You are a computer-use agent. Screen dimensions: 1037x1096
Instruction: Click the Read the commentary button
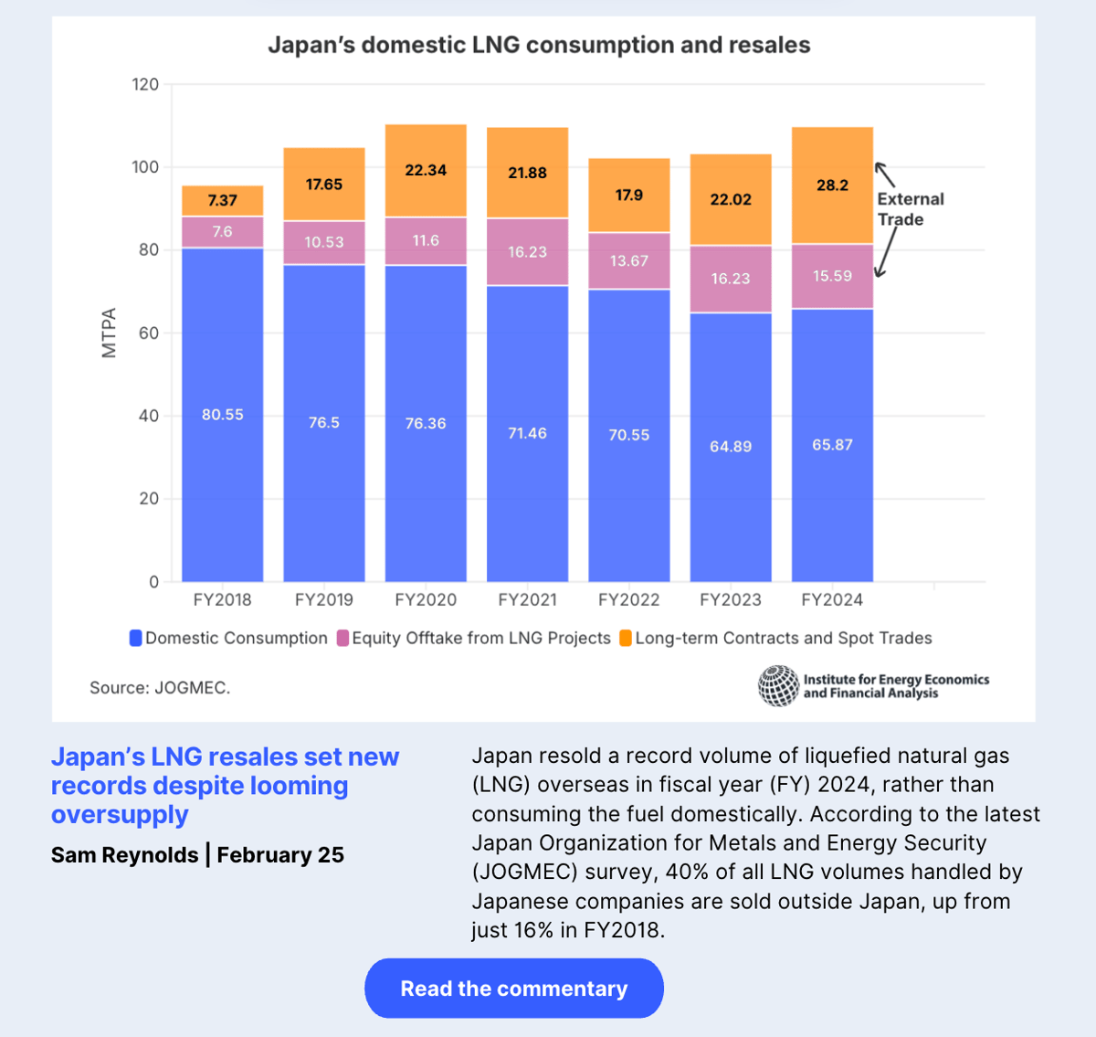[513, 988]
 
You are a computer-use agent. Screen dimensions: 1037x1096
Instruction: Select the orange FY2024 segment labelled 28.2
[832, 185]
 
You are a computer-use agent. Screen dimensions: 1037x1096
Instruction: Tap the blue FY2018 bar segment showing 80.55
[223, 415]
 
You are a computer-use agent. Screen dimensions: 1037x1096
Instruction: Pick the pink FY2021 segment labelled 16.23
[527, 252]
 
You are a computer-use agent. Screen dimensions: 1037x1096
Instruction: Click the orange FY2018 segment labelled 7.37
[223, 201]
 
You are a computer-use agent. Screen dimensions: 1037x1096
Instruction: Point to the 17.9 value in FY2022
[629, 196]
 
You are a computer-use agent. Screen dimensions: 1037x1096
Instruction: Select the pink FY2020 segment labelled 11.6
[426, 241]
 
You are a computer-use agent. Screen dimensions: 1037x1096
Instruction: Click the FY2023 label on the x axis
[730, 600]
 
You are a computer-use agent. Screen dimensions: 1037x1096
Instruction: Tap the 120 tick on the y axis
[145, 85]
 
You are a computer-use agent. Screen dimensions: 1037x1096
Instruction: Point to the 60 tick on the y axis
[149, 333]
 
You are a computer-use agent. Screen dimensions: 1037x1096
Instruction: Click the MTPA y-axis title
[110, 333]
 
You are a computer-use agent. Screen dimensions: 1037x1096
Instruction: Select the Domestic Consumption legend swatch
[136, 639]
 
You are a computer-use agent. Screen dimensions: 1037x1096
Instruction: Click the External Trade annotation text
[910, 209]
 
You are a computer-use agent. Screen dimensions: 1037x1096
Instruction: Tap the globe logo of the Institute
[778, 686]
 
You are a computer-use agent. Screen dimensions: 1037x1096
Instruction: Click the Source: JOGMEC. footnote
[160, 688]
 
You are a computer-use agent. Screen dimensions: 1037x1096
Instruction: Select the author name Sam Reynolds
[125, 855]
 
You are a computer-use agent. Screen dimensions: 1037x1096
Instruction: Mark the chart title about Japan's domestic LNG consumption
[539, 46]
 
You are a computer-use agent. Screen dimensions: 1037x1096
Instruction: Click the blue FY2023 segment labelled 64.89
[731, 447]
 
